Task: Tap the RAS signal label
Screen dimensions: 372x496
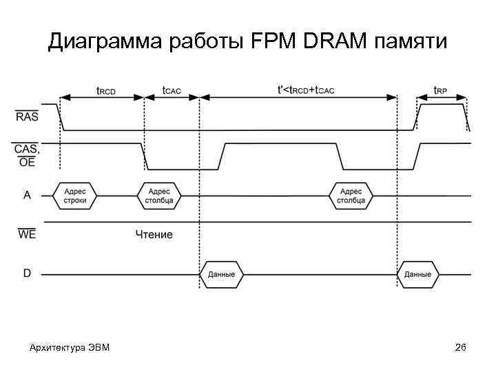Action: tap(27, 116)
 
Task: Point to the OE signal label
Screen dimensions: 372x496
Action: tap(27, 163)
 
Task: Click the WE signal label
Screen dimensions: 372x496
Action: tap(27, 234)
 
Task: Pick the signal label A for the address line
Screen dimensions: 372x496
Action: tap(28, 195)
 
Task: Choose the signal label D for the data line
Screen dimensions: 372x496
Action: tap(27, 273)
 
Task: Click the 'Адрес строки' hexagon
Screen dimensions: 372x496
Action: tap(75, 196)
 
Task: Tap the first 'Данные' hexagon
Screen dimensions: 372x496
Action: tap(221, 274)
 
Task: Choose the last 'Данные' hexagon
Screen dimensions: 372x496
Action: tap(417, 274)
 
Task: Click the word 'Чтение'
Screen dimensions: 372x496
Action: tap(154, 235)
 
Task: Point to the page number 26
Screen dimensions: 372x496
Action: tap(461, 347)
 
